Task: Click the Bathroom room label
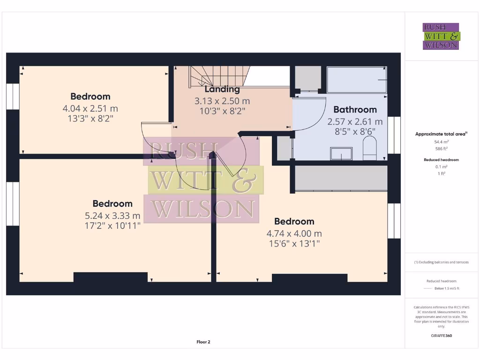point(355,110)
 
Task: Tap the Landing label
point(222,89)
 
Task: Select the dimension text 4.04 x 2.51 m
point(90,108)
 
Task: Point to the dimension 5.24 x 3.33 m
point(112,216)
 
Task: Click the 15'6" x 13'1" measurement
point(294,243)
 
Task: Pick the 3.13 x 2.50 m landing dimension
point(222,101)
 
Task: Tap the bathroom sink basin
point(341,153)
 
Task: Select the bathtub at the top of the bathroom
point(357,80)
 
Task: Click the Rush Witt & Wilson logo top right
point(441,36)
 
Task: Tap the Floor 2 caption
point(203,342)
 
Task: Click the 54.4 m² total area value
point(441,141)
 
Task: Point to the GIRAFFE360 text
point(441,336)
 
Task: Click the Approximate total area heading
point(441,134)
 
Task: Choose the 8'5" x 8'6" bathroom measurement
point(355,131)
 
